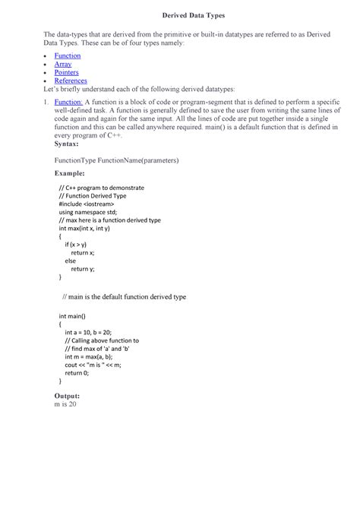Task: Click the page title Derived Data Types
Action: click(x=180, y=15)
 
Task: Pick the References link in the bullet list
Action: click(x=71, y=81)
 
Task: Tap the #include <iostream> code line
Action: click(x=87, y=204)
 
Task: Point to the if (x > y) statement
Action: click(x=81, y=245)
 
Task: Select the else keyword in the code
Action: click(x=71, y=261)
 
